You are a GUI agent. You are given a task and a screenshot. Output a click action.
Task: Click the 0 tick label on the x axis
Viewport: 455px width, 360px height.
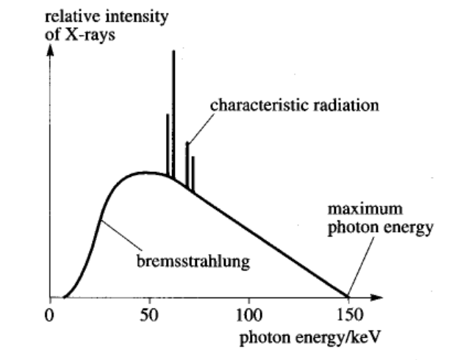click(50, 317)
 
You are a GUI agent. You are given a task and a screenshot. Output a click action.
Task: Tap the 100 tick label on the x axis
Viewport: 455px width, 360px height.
click(248, 317)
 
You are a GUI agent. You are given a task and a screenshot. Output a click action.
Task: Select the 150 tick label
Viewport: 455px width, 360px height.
click(348, 317)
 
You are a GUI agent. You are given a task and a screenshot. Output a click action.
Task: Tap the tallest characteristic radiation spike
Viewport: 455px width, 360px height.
click(173, 110)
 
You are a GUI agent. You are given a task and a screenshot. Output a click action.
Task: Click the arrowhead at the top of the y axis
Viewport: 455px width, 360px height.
click(50, 51)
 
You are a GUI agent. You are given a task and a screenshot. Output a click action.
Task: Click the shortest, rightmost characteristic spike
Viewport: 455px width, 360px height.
click(193, 173)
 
